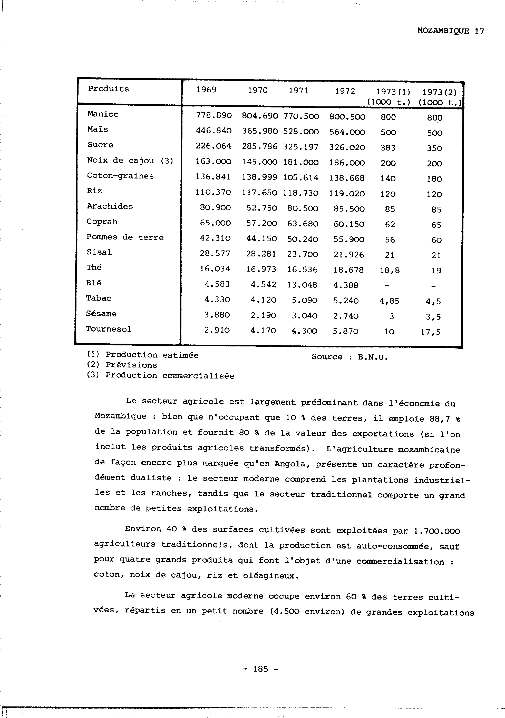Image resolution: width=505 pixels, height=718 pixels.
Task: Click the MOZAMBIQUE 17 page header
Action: click(450, 31)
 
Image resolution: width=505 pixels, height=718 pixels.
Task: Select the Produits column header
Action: click(108, 89)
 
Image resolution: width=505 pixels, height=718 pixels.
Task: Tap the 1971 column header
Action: click(298, 90)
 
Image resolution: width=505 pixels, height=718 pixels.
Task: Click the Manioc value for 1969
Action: click(214, 115)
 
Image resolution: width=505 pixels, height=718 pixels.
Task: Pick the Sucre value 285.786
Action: click(259, 146)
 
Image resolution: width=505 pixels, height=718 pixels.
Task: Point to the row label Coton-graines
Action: click(120, 176)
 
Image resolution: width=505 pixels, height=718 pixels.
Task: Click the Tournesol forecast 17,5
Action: click(430, 332)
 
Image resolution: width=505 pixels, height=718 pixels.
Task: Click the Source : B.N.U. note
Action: click(349, 357)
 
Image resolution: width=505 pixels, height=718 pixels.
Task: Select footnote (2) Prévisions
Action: click(122, 365)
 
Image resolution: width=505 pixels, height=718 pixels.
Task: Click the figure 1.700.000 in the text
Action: click(436, 531)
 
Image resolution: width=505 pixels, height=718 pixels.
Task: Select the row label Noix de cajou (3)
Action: click(130, 161)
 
